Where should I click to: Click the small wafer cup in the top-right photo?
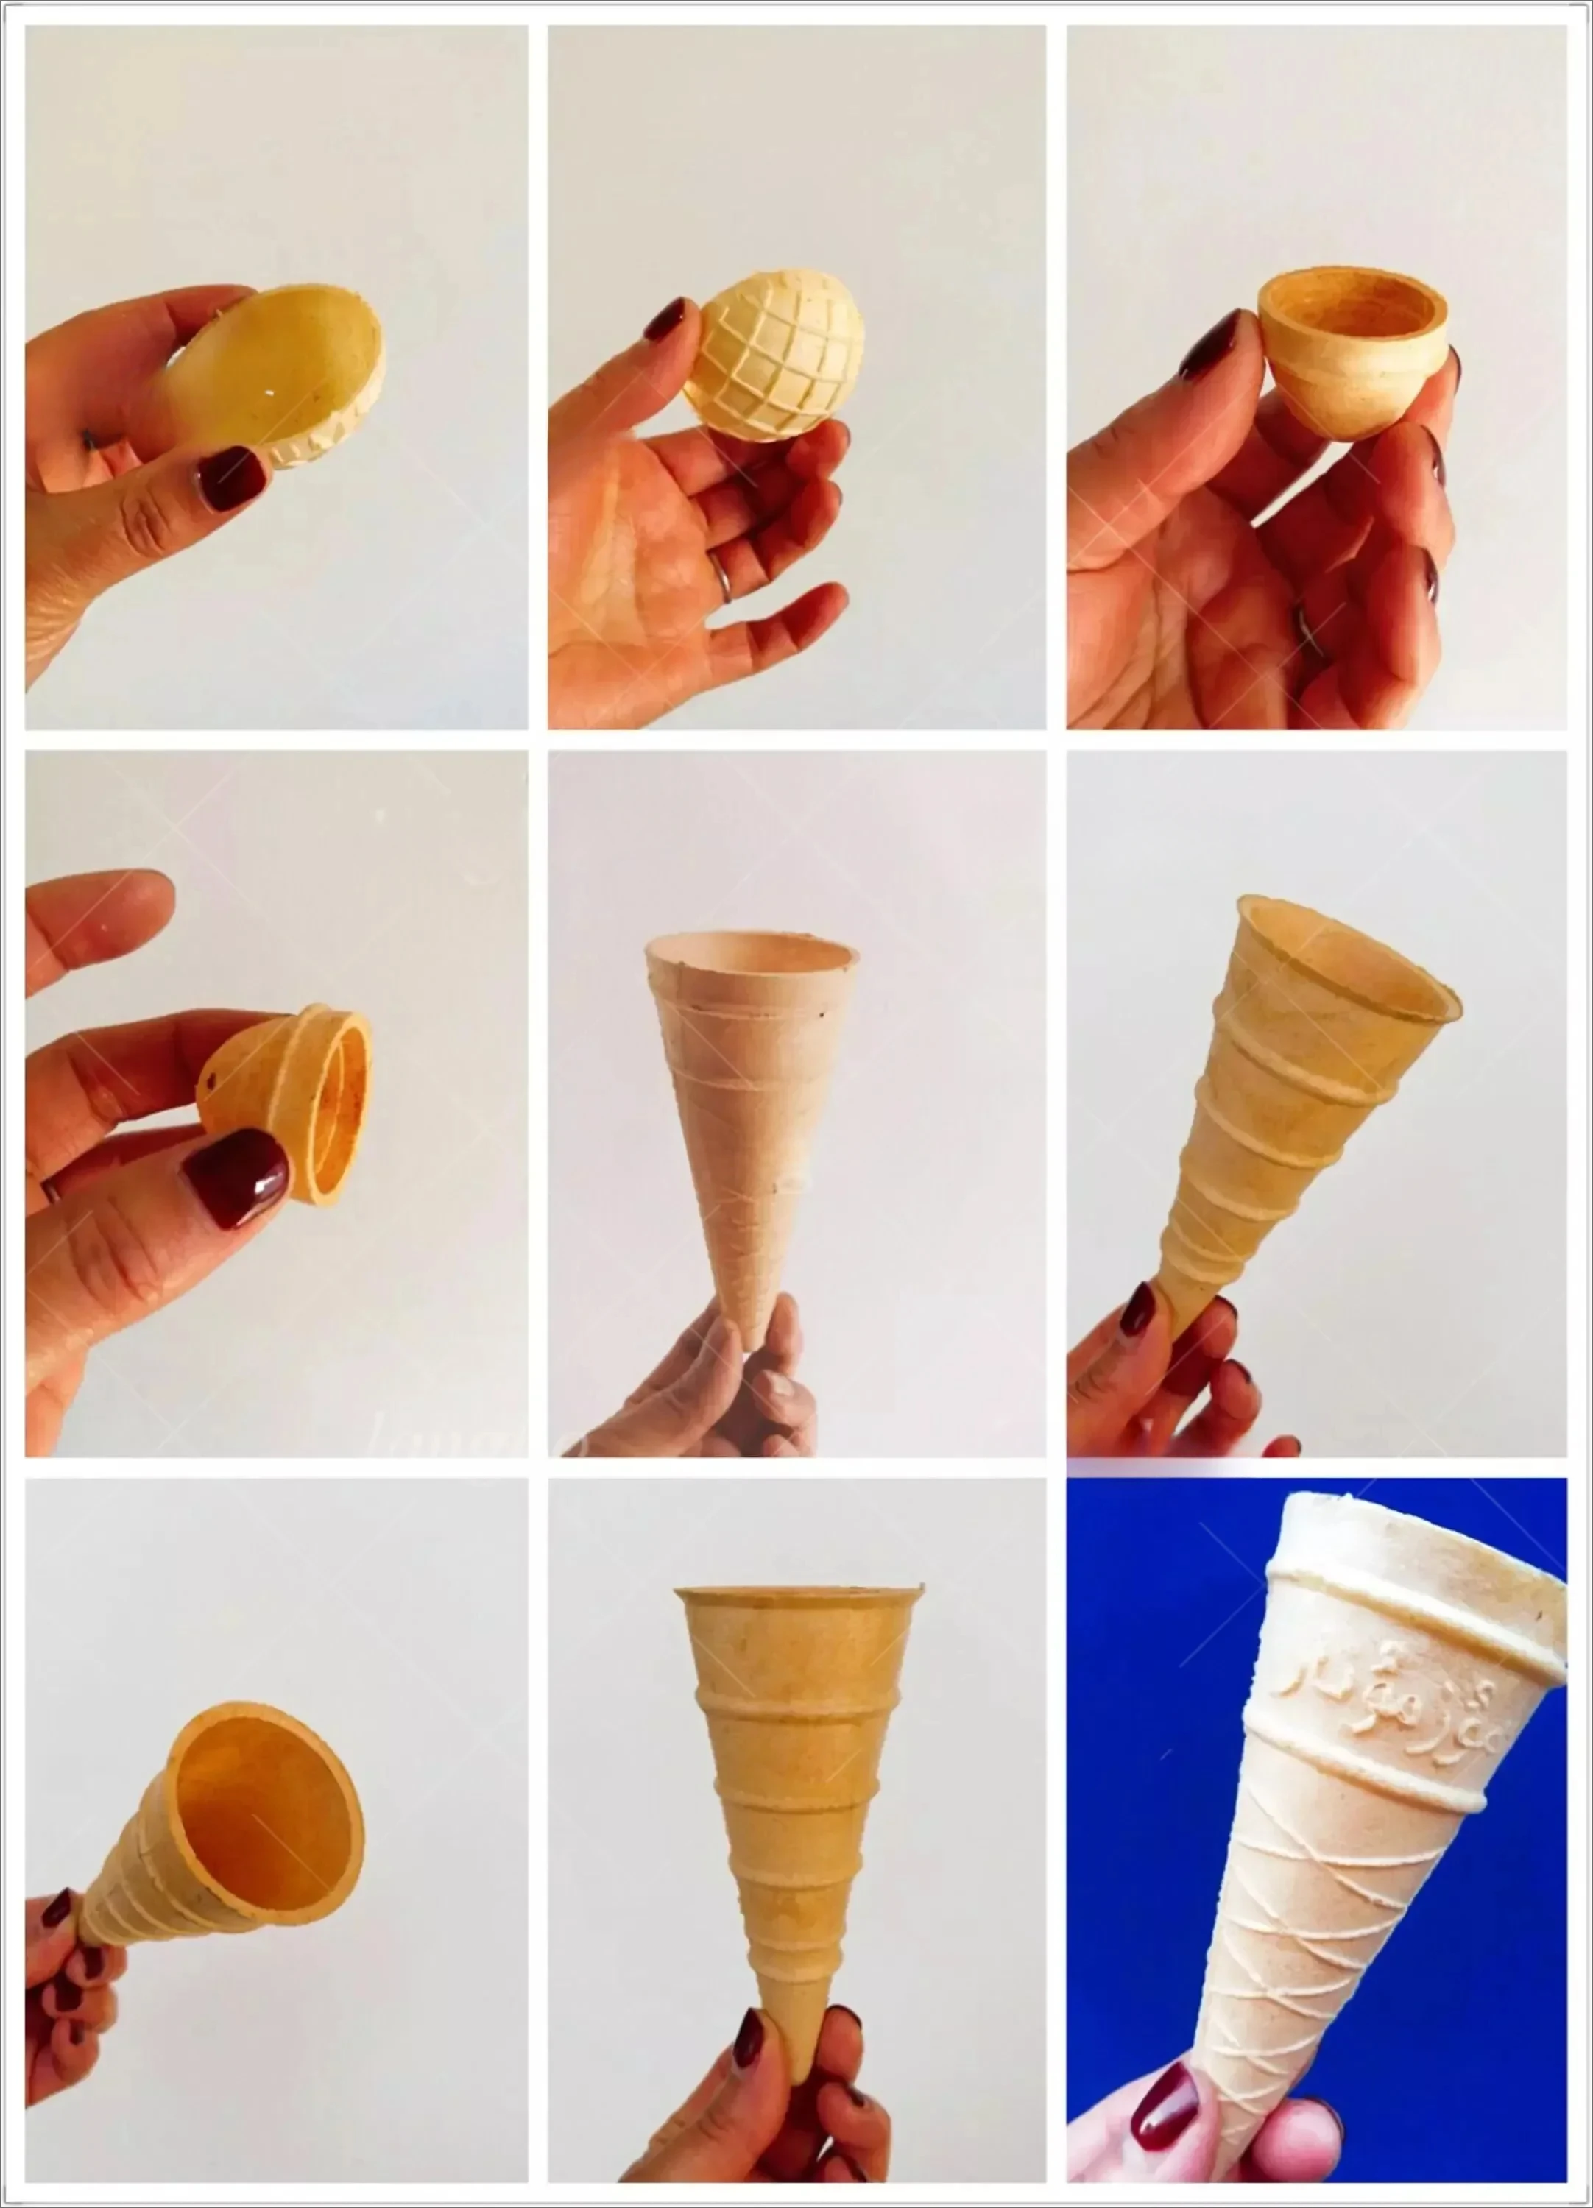coord(1349,355)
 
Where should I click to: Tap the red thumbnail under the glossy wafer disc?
coord(232,479)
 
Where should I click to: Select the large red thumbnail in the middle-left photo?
coord(236,1178)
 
